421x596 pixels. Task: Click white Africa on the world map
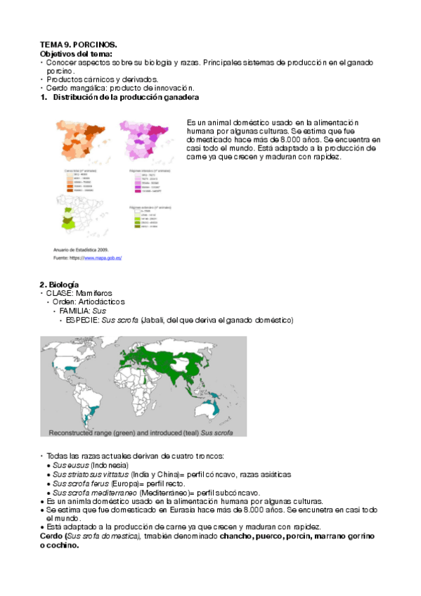tap(141, 385)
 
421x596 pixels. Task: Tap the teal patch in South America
tap(91, 408)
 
